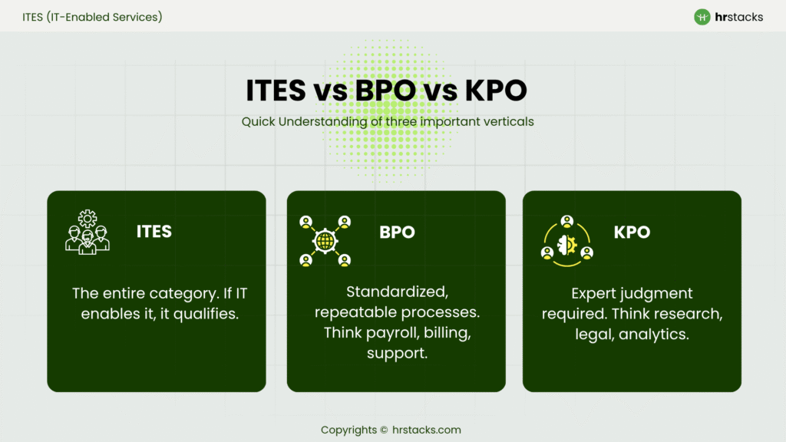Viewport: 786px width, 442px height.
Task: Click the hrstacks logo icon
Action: (x=702, y=17)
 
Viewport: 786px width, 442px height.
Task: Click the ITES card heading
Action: (x=154, y=231)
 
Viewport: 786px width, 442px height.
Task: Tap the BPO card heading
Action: (x=397, y=233)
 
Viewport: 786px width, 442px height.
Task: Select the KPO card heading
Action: (x=632, y=233)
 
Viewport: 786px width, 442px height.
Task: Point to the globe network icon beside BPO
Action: (x=325, y=241)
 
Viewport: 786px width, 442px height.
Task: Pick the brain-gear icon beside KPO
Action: (x=566, y=241)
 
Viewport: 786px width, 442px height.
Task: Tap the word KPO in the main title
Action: (x=496, y=91)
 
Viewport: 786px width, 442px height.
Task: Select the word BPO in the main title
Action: (x=387, y=91)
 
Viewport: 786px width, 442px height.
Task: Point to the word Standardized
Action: (x=396, y=292)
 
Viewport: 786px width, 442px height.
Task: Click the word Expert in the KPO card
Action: (x=596, y=293)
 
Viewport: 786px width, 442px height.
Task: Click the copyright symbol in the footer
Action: (x=384, y=430)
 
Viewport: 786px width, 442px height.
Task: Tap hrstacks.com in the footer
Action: (x=426, y=430)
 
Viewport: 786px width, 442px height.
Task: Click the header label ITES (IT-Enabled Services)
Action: (x=92, y=16)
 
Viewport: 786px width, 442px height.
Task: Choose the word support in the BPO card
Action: (x=396, y=354)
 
